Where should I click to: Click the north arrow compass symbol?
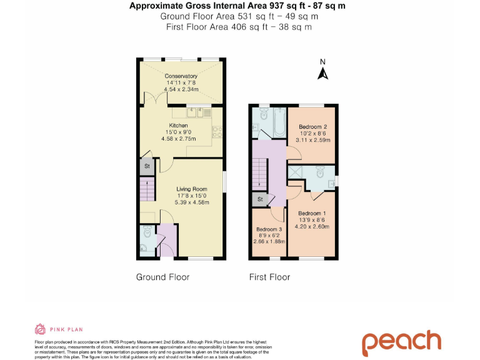pyautogui.click(x=323, y=72)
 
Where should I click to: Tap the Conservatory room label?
pyautogui.click(x=181, y=76)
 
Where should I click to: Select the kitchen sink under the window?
pyautogui.click(x=196, y=112)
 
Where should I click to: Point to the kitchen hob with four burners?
pyautogui.click(x=219, y=132)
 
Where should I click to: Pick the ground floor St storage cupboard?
pyautogui.click(x=147, y=167)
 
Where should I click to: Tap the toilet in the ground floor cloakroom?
pyautogui.click(x=146, y=235)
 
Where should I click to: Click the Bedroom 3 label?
pyautogui.click(x=269, y=228)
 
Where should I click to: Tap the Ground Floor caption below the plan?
pyautogui.click(x=162, y=277)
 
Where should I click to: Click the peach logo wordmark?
pyautogui.click(x=401, y=341)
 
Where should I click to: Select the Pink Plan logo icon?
pyautogui.click(x=39, y=329)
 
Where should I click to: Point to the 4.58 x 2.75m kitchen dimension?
pyautogui.click(x=179, y=138)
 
